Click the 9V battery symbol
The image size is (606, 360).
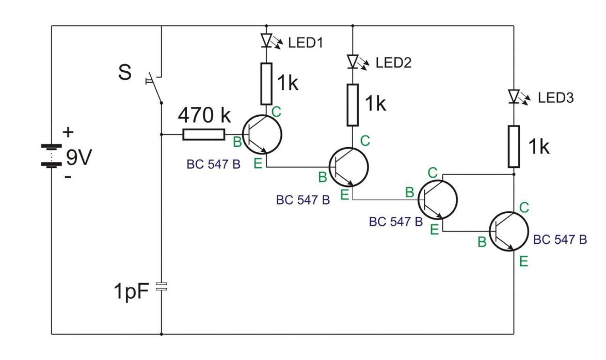(x=52, y=155)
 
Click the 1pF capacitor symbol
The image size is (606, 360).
(x=162, y=287)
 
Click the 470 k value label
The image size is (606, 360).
(x=204, y=117)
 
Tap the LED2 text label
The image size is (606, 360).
(x=393, y=63)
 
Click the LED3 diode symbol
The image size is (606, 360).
(x=514, y=96)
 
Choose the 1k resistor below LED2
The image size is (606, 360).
(x=352, y=105)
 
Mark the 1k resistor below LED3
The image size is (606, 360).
(x=514, y=146)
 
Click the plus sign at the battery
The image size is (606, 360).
(x=68, y=133)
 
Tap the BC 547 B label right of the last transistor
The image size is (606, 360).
(x=560, y=241)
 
